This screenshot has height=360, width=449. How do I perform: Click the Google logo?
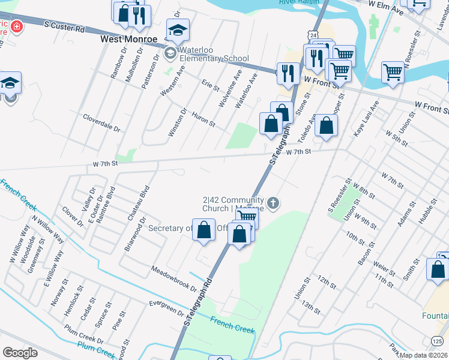pos(20,353)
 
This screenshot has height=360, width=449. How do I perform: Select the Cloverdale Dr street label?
pos(102,123)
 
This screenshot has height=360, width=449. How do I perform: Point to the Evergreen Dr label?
pos(166,308)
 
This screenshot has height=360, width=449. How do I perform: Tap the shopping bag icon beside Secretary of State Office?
pos(204,229)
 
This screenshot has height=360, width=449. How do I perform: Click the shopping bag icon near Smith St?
pos(438,268)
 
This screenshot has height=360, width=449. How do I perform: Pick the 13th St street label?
pos(312,307)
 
